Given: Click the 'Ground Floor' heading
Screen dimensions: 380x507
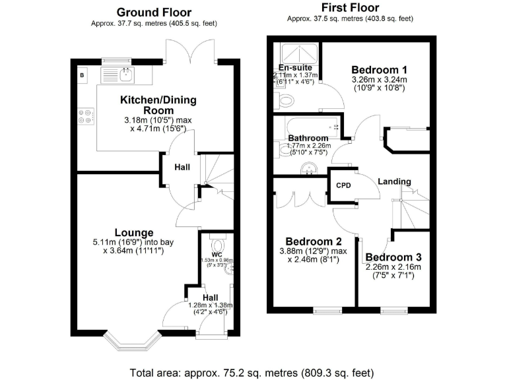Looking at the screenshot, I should click(x=154, y=12).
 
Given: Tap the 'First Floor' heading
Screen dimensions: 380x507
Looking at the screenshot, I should click(x=350, y=8).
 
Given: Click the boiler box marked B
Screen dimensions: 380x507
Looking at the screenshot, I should click(x=82, y=75).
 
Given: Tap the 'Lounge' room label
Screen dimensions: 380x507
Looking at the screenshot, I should click(x=134, y=232).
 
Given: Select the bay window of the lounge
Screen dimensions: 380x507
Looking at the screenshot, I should click(x=134, y=340).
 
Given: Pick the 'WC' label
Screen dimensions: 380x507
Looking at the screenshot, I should click(x=217, y=254).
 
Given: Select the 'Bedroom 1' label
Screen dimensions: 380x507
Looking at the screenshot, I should click(x=379, y=70).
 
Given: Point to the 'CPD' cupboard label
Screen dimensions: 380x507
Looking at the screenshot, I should click(x=343, y=185).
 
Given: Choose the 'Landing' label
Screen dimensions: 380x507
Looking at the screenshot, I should click(x=395, y=181).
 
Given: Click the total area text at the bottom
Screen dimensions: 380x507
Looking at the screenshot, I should click(x=253, y=371).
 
